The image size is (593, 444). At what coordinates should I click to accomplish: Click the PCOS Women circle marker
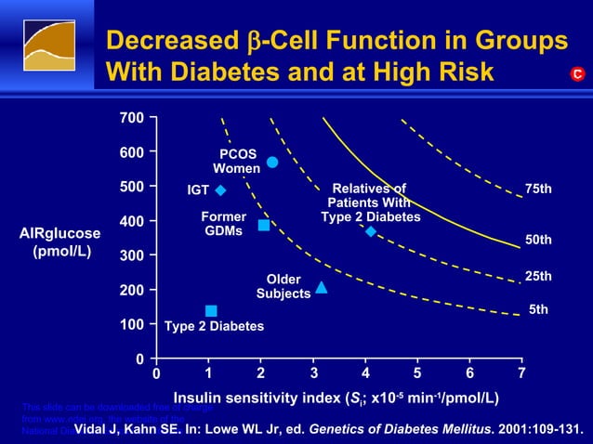[x=272, y=163]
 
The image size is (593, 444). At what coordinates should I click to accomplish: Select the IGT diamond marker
[x=221, y=190]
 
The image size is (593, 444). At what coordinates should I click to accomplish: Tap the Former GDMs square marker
[x=264, y=226]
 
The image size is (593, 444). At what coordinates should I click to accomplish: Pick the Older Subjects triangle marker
[x=322, y=288]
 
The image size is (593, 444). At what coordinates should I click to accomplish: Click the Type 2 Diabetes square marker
[x=211, y=311]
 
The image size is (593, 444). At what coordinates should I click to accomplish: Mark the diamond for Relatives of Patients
[x=371, y=231]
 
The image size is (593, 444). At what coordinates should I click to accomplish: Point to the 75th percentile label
[x=538, y=189]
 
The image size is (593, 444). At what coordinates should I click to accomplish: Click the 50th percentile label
[x=538, y=240]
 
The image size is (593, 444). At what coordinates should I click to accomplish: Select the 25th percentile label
[x=538, y=276]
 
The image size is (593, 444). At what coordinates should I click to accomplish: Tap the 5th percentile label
[x=538, y=309]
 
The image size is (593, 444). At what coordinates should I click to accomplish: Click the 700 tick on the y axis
[x=131, y=118]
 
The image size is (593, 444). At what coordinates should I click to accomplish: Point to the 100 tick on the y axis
[x=131, y=324]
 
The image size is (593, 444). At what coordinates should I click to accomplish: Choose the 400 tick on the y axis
[x=131, y=221]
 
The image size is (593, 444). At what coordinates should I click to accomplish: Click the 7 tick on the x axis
[x=521, y=373]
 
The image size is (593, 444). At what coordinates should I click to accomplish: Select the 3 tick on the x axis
[x=314, y=373]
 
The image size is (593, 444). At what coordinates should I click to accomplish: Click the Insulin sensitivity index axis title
[x=336, y=398]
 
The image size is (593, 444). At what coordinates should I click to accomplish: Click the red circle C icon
[x=576, y=73]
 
